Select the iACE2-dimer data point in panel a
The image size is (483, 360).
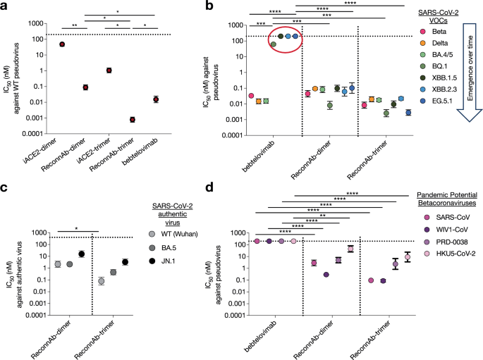coord(61,44)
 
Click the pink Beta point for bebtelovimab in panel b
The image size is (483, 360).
coord(250,96)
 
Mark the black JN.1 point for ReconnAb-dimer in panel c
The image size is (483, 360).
coord(82,254)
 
